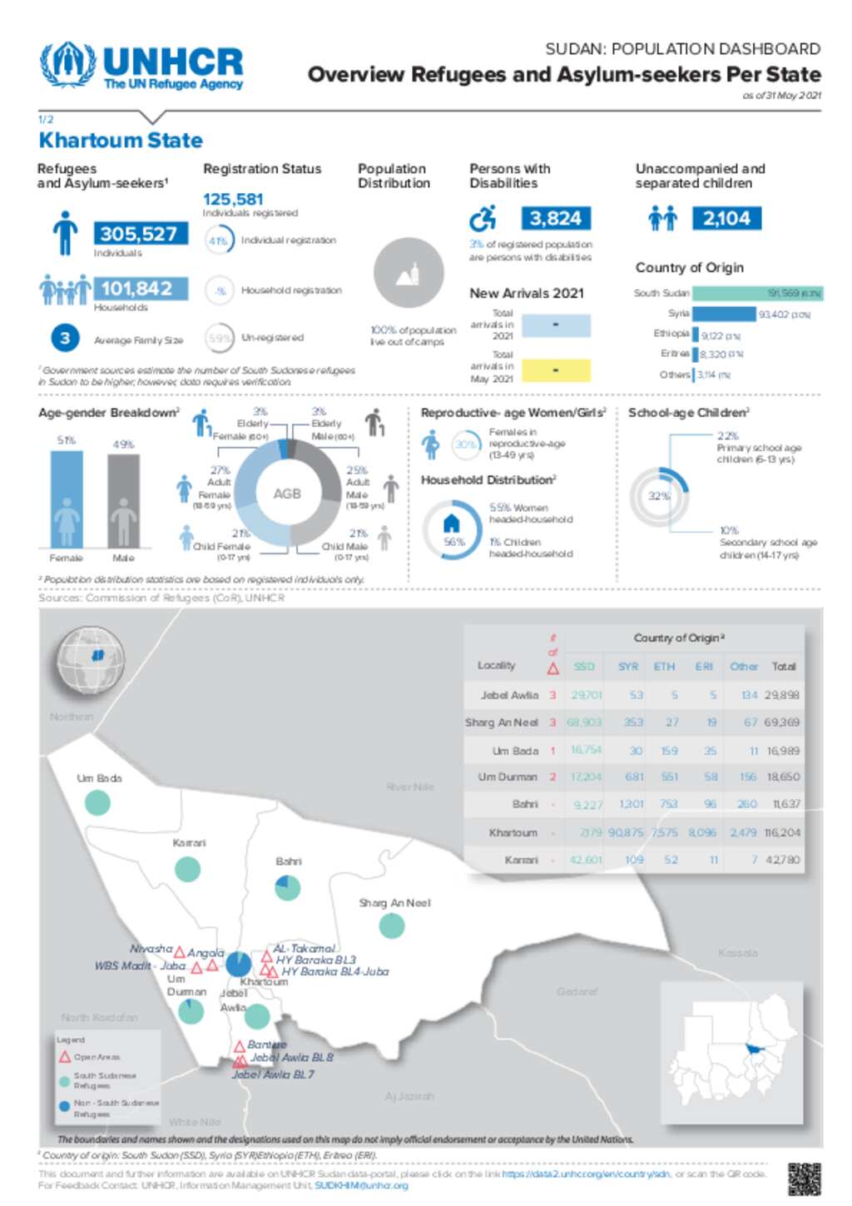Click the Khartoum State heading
pos(121,140)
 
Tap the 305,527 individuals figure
pos(139,234)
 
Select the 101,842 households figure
pos(138,289)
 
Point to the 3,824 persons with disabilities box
pos(556,219)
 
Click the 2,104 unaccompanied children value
pos(726,219)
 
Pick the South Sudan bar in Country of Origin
pos(756,293)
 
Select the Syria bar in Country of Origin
pos(724,314)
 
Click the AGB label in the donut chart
pos(287,494)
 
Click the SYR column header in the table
pos(628,667)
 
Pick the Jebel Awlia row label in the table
pos(509,695)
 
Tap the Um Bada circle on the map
pos(97,803)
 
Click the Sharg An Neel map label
pos(394,903)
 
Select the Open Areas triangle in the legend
pos(65,1057)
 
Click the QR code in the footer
pos(804,1179)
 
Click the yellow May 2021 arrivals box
pos(556,370)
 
